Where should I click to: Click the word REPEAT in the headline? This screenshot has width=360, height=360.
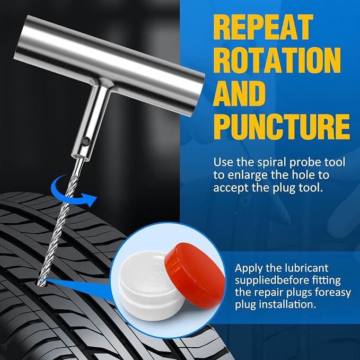pyautogui.click(x=263, y=27)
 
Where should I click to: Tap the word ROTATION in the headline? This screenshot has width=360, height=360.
pyautogui.click(x=278, y=60)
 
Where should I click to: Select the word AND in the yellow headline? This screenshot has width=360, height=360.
pyautogui.click(x=239, y=94)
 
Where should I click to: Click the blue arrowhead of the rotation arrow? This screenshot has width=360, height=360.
pyautogui.click(x=90, y=199)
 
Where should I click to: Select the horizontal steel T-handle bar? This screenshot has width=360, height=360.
pyautogui.click(x=109, y=65)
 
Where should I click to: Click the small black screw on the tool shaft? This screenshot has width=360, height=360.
pyautogui.click(x=86, y=141)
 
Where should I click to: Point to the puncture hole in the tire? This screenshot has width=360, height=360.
pyautogui.click(x=42, y=284)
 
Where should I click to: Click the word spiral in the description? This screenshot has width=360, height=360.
pyautogui.click(x=273, y=163)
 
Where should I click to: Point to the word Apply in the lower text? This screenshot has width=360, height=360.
pyautogui.click(x=248, y=269)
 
